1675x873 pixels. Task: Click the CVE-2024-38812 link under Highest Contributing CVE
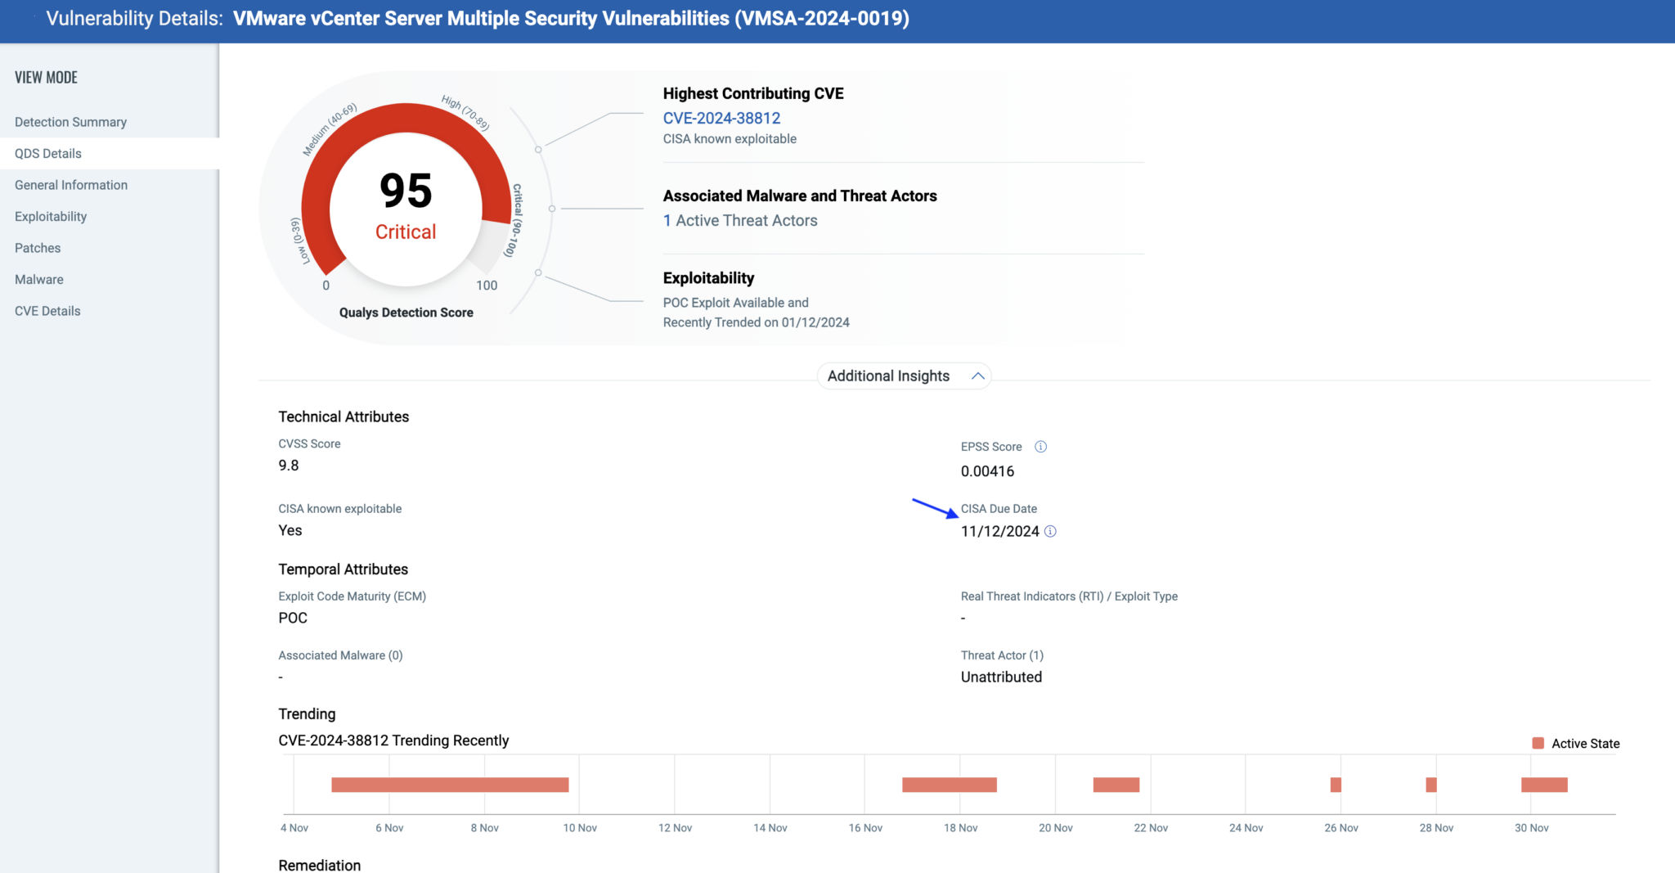(721, 118)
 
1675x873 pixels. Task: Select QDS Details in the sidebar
(48, 154)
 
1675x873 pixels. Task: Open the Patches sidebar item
(38, 248)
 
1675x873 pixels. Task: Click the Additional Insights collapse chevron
(977, 376)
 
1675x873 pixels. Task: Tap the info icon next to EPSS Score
(1040, 447)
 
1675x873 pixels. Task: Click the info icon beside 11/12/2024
(1051, 532)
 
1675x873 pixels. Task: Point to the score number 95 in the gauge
(406, 191)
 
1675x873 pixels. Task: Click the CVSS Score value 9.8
(289, 466)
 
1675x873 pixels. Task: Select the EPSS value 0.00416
(987, 471)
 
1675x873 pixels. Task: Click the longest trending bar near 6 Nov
(450, 785)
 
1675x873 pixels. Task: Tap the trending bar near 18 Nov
(949, 785)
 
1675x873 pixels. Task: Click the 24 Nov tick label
(1246, 828)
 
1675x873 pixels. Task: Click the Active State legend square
(1538, 743)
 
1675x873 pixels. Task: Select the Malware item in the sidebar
(39, 280)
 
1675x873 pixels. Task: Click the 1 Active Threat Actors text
(740, 221)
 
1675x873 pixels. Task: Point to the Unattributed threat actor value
(1001, 677)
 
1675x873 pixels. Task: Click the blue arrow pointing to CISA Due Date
(935, 508)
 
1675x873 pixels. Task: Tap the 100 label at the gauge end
(487, 286)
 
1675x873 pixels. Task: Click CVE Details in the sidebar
(47, 311)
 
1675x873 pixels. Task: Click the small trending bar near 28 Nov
(1430, 785)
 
